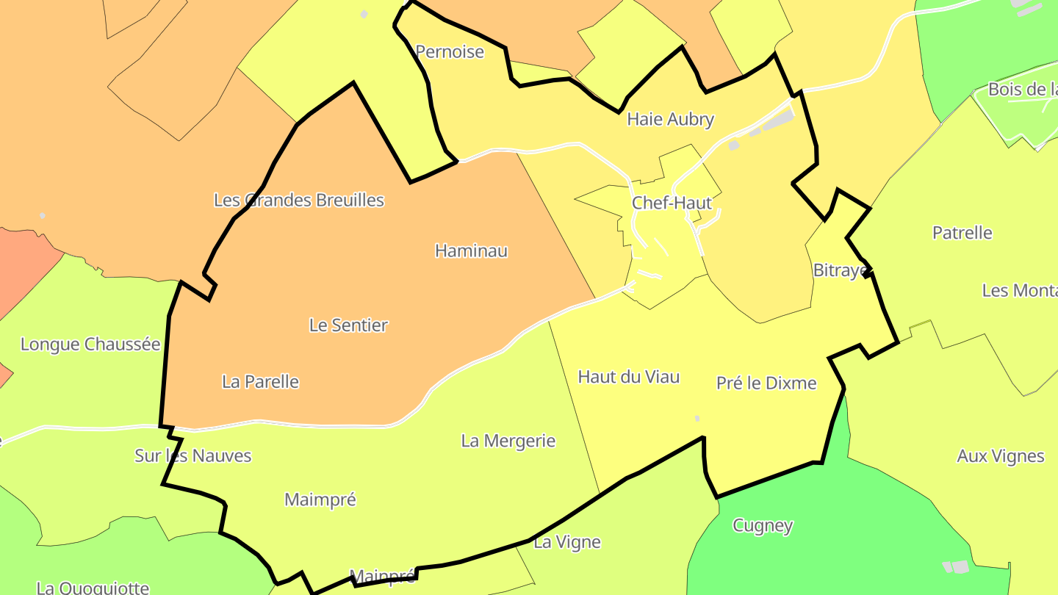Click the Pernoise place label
tap(450, 52)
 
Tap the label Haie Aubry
tap(670, 120)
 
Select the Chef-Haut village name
tap(672, 203)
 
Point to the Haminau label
tap(471, 251)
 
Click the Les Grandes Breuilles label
tap(298, 200)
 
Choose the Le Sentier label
tap(348, 325)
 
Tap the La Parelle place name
tap(260, 382)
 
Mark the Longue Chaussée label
tap(90, 345)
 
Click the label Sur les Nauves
tap(192, 456)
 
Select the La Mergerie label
tap(508, 441)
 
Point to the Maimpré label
tap(320, 500)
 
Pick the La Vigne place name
tap(566, 543)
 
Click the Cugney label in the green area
tap(763, 526)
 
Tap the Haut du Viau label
tap(628, 378)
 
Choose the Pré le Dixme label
tap(766, 383)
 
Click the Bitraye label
tap(840, 271)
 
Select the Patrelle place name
tap(962, 234)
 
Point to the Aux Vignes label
tap(1000, 457)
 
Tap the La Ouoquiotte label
tap(93, 588)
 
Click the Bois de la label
tap(1021, 90)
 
